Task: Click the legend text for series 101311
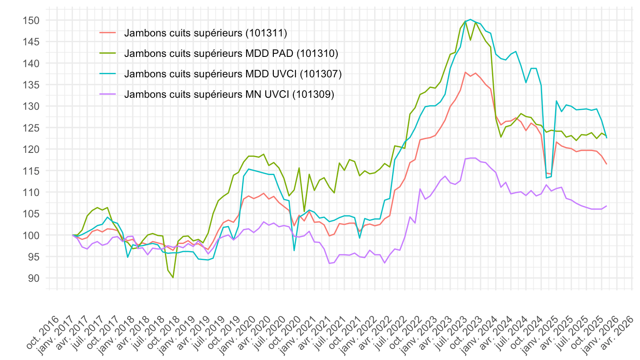pyautogui.click(x=206, y=33)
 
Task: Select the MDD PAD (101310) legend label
pyautogui.click(x=232, y=53)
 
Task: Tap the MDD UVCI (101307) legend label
pyautogui.click(x=233, y=74)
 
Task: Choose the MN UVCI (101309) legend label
pyautogui.click(x=229, y=94)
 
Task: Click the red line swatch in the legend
pyautogui.click(x=108, y=33)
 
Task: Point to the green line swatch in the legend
pyautogui.click(x=108, y=53)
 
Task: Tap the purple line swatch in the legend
pyautogui.click(x=108, y=94)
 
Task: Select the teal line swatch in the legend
pyautogui.click(x=108, y=74)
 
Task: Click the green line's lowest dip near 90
pyautogui.click(x=173, y=278)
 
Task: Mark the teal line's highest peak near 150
pyautogui.click(x=470, y=20)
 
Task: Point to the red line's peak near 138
pyautogui.click(x=465, y=72)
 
